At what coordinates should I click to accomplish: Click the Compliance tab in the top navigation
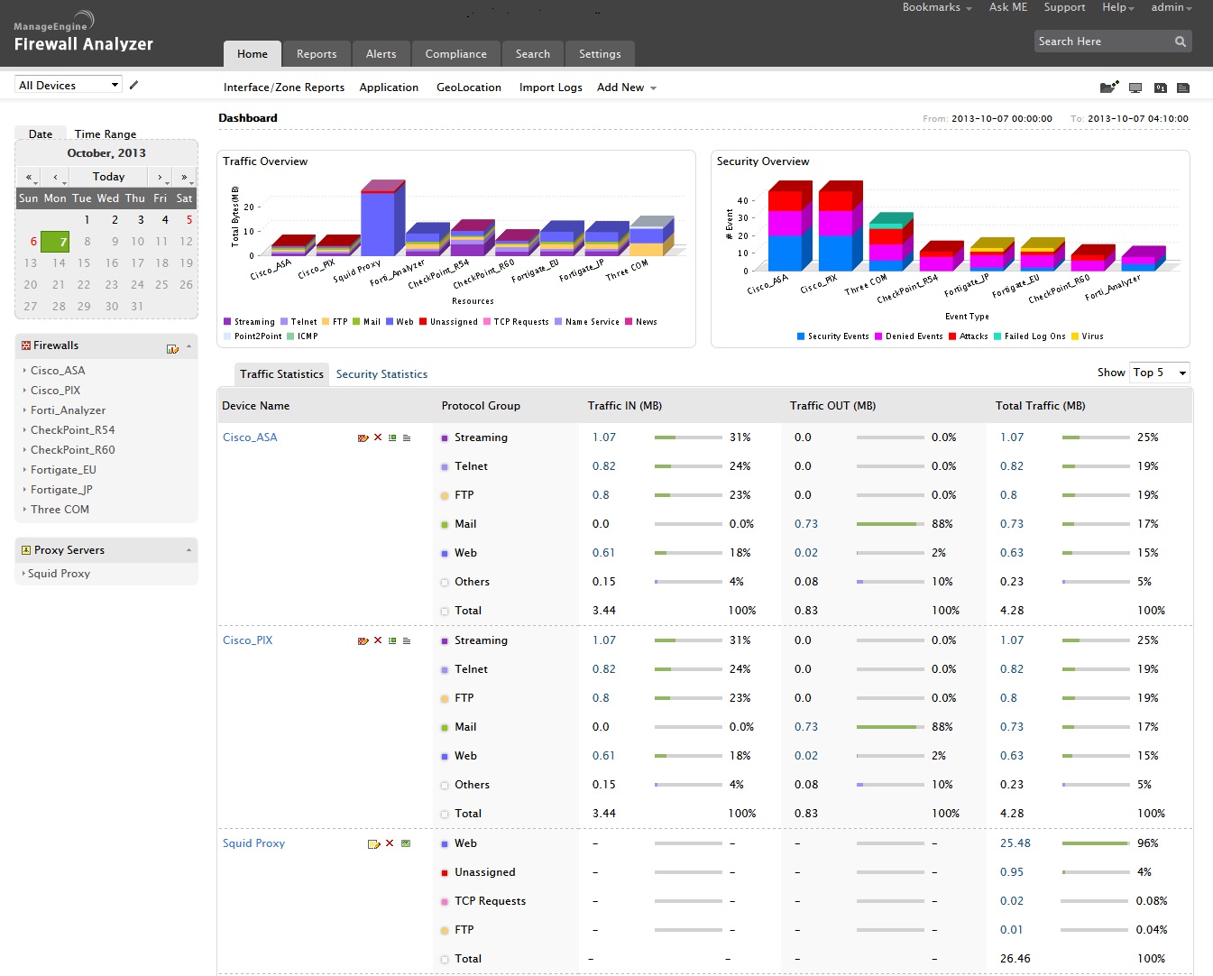point(455,54)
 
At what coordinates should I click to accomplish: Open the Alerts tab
point(381,54)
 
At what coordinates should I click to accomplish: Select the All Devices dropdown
point(69,86)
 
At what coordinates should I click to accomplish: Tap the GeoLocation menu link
point(468,87)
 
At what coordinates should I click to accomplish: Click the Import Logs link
point(550,87)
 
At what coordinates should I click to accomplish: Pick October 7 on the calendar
point(59,242)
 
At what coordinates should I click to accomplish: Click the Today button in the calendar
point(108,177)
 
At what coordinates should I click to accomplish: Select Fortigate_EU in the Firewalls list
point(63,470)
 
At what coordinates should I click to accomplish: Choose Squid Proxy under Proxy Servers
point(59,574)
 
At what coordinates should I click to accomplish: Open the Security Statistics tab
point(381,374)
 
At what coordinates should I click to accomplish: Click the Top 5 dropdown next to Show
point(1159,373)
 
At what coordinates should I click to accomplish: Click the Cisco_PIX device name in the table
point(247,640)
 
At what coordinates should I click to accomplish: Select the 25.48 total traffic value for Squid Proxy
point(1015,843)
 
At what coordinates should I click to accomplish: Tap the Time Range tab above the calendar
point(106,134)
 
